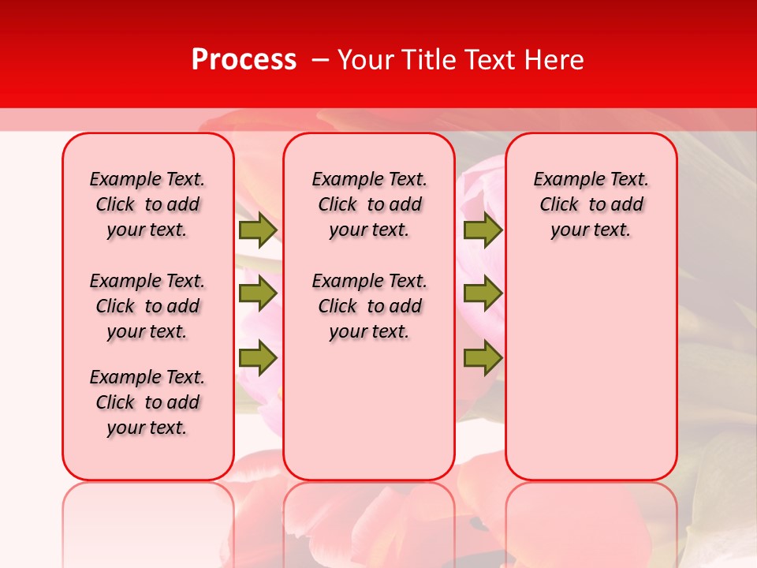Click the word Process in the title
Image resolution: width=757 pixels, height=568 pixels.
pyautogui.click(x=244, y=60)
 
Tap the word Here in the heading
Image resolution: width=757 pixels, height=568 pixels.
pyautogui.click(x=554, y=60)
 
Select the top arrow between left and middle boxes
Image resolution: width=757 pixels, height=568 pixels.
pyautogui.click(x=257, y=230)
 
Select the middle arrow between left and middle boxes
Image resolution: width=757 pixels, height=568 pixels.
pyautogui.click(x=257, y=293)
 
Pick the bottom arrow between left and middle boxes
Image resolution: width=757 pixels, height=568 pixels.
pyautogui.click(x=257, y=358)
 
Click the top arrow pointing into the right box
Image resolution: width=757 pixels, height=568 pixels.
pyautogui.click(x=483, y=230)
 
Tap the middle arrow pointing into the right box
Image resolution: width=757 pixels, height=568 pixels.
pyautogui.click(x=483, y=293)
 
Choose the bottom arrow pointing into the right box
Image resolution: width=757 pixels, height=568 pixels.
pyautogui.click(x=483, y=358)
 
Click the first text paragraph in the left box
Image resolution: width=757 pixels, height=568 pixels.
pyautogui.click(x=147, y=204)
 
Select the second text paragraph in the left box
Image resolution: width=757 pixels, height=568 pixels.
pyautogui.click(x=147, y=306)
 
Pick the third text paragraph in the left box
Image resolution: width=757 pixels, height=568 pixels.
pyautogui.click(x=147, y=402)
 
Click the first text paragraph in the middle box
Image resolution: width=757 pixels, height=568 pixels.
pyautogui.click(x=370, y=204)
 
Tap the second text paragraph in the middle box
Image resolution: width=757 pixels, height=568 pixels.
pyautogui.click(x=370, y=306)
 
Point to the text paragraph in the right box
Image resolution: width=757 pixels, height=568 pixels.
pyautogui.click(x=591, y=204)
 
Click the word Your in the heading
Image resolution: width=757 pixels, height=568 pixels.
pyautogui.click(x=364, y=60)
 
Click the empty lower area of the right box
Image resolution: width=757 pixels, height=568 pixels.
pyautogui.click(x=591, y=379)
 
